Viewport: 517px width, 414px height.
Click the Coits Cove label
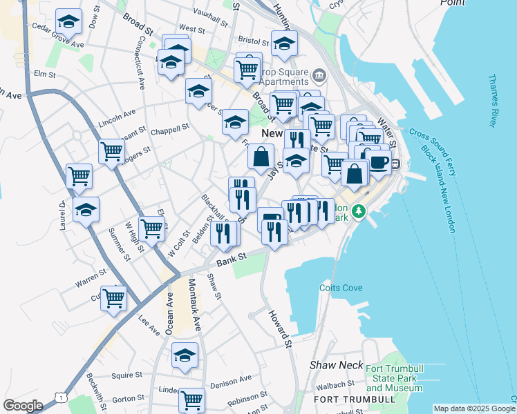click(x=337, y=288)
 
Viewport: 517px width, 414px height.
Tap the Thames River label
click(x=493, y=101)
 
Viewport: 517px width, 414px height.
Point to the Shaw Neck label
click(x=331, y=364)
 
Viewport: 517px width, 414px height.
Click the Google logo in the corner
click(x=23, y=406)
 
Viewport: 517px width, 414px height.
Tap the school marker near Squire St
click(x=185, y=356)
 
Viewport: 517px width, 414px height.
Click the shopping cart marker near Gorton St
click(x=191, y=400)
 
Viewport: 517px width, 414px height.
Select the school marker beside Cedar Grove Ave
click(x=68, y=22)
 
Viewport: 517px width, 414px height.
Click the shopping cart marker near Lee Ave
click(x=114, y=299)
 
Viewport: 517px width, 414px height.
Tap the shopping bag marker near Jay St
click(x=261, y=157)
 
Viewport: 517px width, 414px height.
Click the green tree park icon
click(x=358, y=210)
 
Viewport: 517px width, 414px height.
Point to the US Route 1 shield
click(x=62, y=399)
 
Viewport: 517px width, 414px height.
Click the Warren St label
click(x=91, y=282)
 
